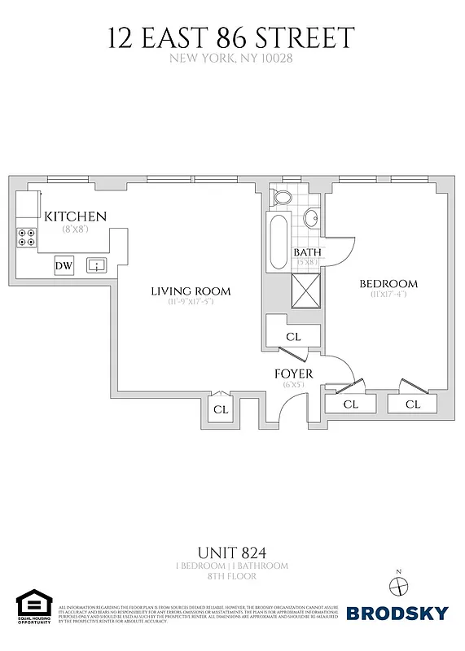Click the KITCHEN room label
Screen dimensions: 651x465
[x=75, y=216]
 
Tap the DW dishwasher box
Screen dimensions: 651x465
[x=64, y=265]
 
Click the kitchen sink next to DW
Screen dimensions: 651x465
[x=97, y=265]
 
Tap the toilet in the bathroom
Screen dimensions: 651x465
[x=282, y=197]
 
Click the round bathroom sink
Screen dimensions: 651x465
[x=311, y=218]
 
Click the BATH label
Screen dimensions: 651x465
[x=307, y=253]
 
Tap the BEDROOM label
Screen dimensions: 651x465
[x=388, y=284]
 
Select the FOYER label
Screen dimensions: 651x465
[x=293, y=374]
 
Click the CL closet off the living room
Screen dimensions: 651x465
[x=221, y=409]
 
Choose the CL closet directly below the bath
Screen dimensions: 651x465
[x=293, y=337]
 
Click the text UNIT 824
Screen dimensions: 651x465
[x=232, y=553]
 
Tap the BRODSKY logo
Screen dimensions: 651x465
[x=398, y=613]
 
